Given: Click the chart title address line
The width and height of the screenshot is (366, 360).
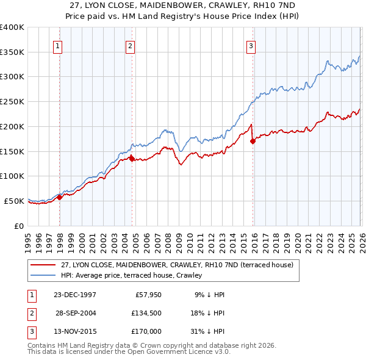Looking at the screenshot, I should click(x=182, y=5).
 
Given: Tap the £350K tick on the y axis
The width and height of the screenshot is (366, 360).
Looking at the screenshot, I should click(x=12, y=52).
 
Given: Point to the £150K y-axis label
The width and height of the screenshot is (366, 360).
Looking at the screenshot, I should click(x=12, y=151).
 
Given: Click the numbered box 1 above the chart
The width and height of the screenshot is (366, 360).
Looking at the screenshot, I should click(x=57, y=45).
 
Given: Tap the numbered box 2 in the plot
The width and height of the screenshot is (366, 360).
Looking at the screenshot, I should click(x=131, y=45).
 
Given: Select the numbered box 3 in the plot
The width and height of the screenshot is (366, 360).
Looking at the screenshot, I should click(x=251, y=45).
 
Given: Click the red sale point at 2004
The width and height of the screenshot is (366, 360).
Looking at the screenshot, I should click(x=132, y=159).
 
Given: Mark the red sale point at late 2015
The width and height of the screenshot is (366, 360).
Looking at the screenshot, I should click(x=253, y=141).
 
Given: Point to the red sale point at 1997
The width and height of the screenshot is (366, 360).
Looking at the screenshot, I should click(x=60, y=197).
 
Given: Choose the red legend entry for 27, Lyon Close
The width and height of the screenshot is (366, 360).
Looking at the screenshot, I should click(x=177, y=265).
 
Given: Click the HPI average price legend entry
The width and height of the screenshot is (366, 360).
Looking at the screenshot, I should click(x=135, y=275).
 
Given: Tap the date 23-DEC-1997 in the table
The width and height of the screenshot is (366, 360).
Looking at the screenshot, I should click(x=75, y=295).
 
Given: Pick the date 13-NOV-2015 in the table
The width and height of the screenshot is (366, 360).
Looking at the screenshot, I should click(x=75, y=331).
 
